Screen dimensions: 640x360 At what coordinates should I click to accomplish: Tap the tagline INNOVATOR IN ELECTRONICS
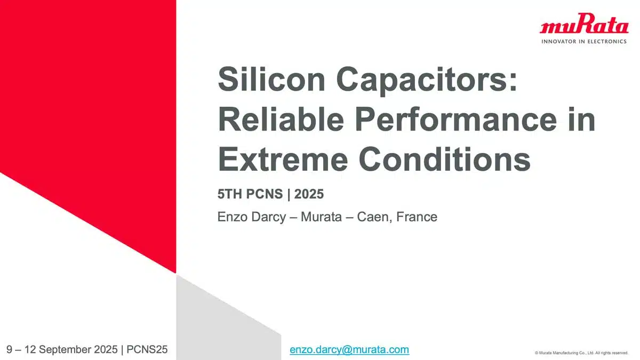coord(584,42)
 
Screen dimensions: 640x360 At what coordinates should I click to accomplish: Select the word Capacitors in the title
coord(427,81)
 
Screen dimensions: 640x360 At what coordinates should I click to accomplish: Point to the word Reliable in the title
coord(281,119)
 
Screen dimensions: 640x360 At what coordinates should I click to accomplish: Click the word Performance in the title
coord(456,119)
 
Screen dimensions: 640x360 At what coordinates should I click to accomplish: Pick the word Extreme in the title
coord(283,159)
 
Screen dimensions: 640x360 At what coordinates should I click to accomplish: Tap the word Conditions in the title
coord(445,159)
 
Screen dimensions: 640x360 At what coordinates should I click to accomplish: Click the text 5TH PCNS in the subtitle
coord(250,194)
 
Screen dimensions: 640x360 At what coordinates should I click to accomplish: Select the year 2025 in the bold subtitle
coord(309,194)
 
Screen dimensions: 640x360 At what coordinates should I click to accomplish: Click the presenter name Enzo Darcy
coord(251,217)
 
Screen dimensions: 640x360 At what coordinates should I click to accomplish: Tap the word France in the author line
coord(417,217)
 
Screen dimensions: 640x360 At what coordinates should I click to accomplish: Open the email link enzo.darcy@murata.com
coord(349,350)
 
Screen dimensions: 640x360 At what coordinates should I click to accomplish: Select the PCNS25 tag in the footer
coord(147,349)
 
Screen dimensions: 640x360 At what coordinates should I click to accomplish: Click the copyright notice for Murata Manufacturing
coord(581,353)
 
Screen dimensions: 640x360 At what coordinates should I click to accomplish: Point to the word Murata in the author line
coord(321,217)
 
